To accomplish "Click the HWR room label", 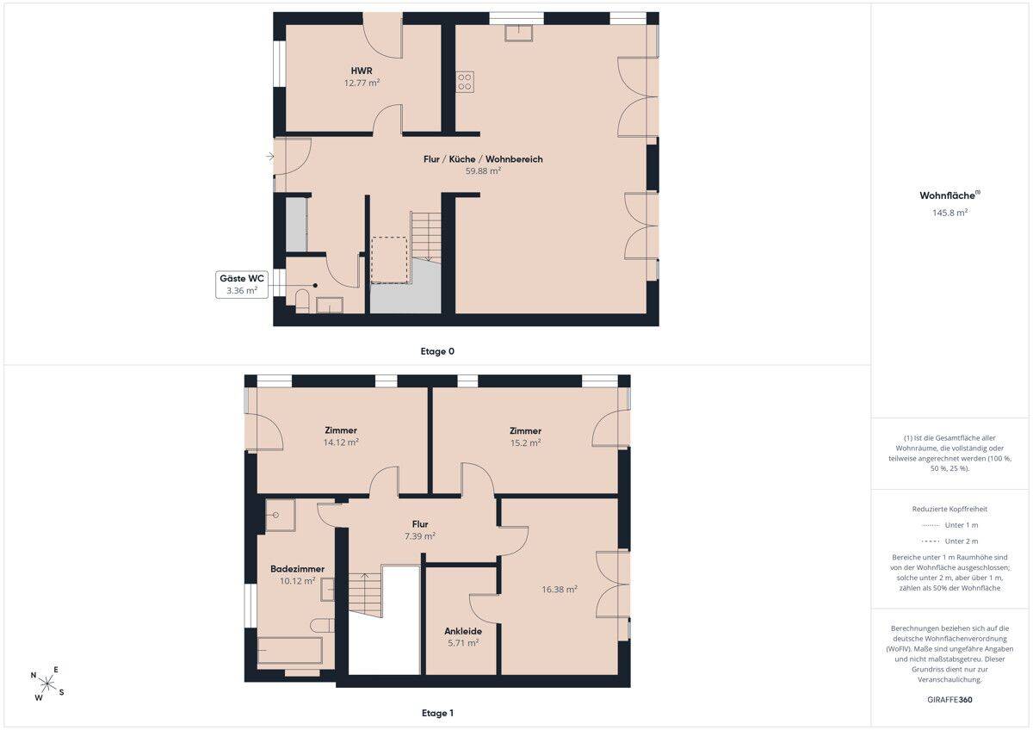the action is (x=362, y=71).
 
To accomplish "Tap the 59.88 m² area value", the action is (x=483, y=171).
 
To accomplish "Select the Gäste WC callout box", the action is (x=242, y=285).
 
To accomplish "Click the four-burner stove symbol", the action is (x=465, y=83).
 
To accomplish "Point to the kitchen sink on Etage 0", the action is (x=519, y=33).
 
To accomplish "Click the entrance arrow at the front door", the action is (x=270, y=157).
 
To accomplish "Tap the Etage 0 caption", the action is (x=437, y=351).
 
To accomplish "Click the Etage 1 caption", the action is (x=437, y=713).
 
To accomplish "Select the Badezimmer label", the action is (x=298, y=569).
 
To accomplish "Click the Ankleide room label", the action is (x=463, y=631).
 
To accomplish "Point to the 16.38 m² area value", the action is (x=560, y=590).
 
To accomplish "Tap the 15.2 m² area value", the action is (x=525, y=442).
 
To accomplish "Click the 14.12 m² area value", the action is (x=341, y=442).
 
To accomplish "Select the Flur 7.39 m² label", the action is (x=420, y=530).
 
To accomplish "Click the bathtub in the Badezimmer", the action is (x=289, y=650).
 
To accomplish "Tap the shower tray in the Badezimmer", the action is (x=280, y=515).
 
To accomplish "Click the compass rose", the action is (x=46, y=684).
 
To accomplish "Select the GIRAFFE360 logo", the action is (x=949, y=700).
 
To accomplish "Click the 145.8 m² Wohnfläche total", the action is (x=949, y=213).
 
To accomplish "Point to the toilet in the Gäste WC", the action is (x=302, y=300).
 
